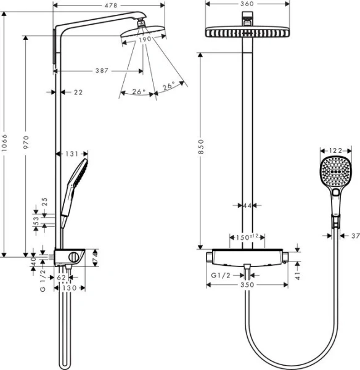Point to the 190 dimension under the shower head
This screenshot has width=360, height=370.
click(144, 40)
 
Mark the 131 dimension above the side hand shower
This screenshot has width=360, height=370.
click(72, 154)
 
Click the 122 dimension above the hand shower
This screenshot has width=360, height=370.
click(335, 150)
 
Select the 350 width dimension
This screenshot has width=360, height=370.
click(247, 286)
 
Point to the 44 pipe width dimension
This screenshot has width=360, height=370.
click(247, 205)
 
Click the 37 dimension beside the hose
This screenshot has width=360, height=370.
click(354, 235)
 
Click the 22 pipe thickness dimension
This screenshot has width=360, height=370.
click(78, 92)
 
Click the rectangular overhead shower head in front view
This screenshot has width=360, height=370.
click(247, 31)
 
